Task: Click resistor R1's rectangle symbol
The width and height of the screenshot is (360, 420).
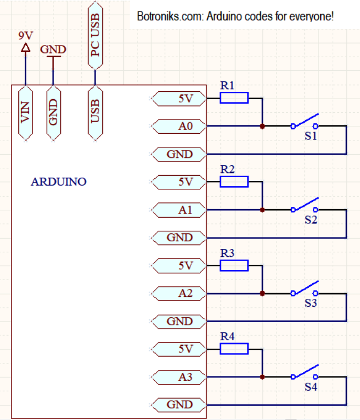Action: click(x=234, y=98)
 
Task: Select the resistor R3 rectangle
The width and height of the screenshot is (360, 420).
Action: click(x=234, y=265)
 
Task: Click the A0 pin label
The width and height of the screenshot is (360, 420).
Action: click(x=178, y=126)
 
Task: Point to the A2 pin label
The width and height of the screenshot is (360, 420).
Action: click(x=178, y=294)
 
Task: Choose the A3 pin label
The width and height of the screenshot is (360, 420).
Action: click(x=178, y=377)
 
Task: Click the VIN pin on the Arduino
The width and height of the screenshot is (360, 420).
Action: click(x=26, y=113)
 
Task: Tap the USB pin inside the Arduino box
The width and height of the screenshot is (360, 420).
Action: click(x=95, y=113)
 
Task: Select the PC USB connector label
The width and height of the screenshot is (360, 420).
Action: click(x=95, y=35)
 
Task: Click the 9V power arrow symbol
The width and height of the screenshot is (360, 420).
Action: click(x=26, y=48)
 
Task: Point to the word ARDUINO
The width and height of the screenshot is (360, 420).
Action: click(x=59, y=181)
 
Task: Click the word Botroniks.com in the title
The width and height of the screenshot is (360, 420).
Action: click(x=158, y=16)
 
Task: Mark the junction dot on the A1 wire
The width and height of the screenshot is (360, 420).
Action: click(x=262, y=210)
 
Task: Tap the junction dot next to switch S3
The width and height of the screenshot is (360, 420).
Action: click(x=262, y=294)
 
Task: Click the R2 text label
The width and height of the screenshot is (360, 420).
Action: click(x=227, y=169)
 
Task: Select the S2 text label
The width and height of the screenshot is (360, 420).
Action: click(x=311, y=220)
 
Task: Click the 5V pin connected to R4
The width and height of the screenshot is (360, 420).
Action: click(x=178, y=349)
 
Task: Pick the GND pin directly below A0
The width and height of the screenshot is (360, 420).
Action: click(x=178, y=154)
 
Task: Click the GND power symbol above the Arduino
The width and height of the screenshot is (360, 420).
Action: click(x=53, y=57)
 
